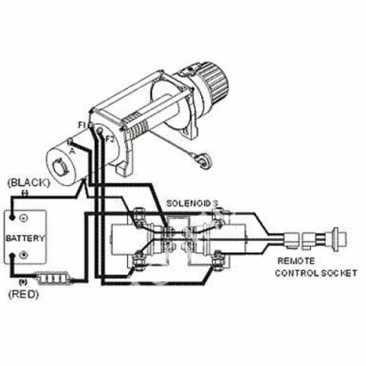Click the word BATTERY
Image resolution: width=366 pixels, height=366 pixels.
tap(25, 239)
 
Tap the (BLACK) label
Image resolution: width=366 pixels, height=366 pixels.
tap(28, 183)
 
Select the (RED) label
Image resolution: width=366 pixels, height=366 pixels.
tap(24, 294)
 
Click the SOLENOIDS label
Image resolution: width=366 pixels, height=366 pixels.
tap(192, 204)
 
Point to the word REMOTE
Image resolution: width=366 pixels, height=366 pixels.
tap(296, 261)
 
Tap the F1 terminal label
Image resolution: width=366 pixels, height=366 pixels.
tap(82, 125)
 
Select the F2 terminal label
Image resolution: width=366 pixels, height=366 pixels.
tap(110, 140)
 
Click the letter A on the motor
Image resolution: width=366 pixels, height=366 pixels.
tap(72, 151)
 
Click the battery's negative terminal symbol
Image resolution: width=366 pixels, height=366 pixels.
tap(24, 218)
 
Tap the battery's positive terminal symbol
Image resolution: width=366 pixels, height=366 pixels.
tap(24, 255)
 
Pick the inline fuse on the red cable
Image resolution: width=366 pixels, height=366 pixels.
tap(53, 278)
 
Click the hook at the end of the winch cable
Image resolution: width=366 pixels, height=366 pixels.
tap(204, 159)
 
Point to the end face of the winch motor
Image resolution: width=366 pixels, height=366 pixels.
tap(59, 165)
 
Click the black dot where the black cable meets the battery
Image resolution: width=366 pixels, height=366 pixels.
tap(11, 217)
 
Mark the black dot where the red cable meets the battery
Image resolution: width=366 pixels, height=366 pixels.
tap(11, 255)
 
